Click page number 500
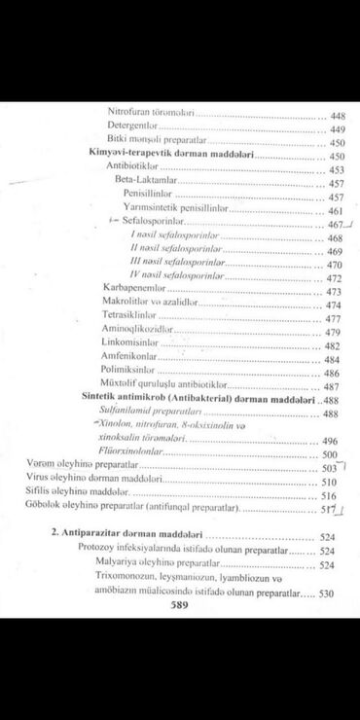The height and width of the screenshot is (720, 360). pos(330,454)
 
